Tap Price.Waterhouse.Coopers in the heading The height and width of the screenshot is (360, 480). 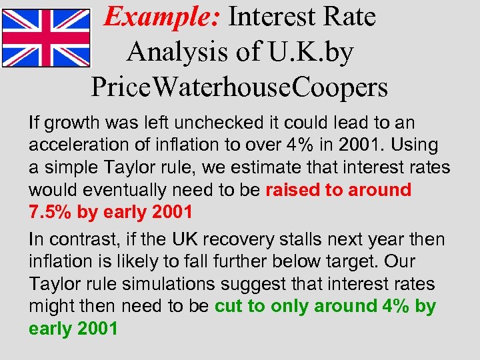pyautogui.click(x=239, y=87)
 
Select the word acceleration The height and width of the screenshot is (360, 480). pyautogui.click(x=79, y=145)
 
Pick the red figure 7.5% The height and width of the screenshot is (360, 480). pyautogui.click(x=49, y=212)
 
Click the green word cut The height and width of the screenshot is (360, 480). pyautogui.click(x=228, y=306)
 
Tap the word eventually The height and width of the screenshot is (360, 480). pyautogui.click(x=116, y=190)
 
